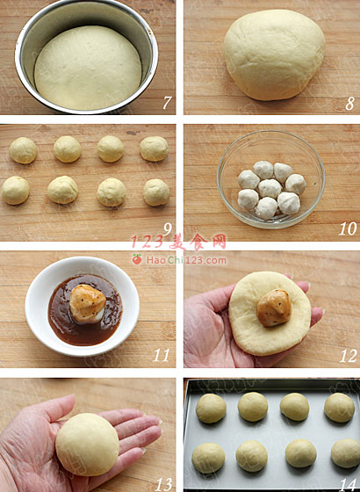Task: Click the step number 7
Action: [x=167, y=103]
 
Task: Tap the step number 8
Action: [x=350, y=104]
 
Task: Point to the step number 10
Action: [x=348, y=228]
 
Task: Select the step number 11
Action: [x=162, y=355]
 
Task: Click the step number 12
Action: [x=348, y=356]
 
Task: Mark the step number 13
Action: [x=163, y=484]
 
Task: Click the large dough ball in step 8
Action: [x=274, y=54]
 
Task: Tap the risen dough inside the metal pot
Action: [x=88, y=68]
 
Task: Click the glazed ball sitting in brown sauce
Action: [x=88, y=303]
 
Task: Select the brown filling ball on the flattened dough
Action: [x=274, y=307]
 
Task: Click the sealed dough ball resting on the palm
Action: [x=87, y=445]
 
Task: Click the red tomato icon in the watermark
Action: [x=136, y=259]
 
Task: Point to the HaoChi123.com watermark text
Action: [x=186, y=260]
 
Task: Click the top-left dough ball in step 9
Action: [x=23, y=150]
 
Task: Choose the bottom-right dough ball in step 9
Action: [x=156, y=192]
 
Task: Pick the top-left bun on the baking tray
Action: [x=211, y=409]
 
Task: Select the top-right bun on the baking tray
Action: [x=339, y=408]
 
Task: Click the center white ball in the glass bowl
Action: [x=270, y=189]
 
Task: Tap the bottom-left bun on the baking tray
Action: [x=208, y=458]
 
